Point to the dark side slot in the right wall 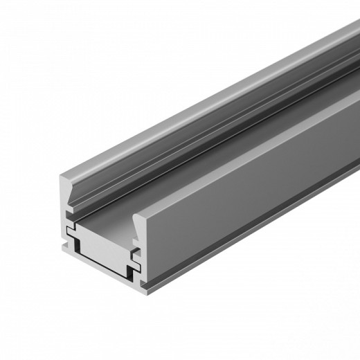[136, 255]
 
